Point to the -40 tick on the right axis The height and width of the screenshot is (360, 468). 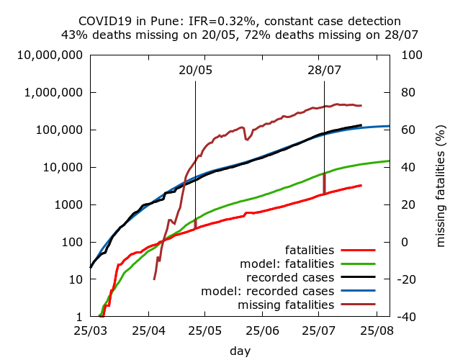pyautogui.click(x=410, y=317)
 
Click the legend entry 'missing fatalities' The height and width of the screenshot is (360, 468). pyautogui.click(x=287, y=305)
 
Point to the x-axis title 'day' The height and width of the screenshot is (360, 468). pyautogui.click(x=240, y=351)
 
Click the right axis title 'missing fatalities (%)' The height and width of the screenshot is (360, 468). pyautogui.click(x=441, y=185)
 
